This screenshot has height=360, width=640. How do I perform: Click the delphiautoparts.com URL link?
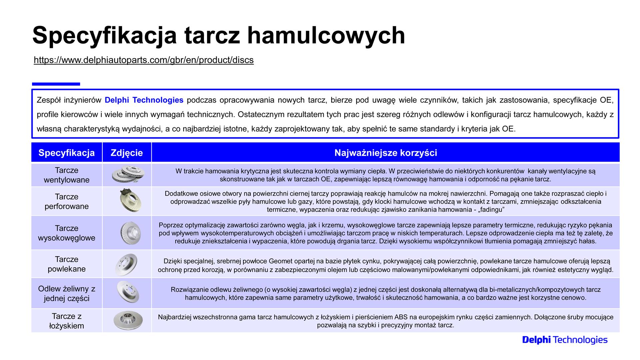(x=144, y=60)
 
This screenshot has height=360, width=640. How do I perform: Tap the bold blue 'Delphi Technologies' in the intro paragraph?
(x=144, y=100)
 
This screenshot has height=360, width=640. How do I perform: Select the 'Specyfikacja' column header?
(x=67, y=153)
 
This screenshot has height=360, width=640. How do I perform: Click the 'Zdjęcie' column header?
(x=127, y=153)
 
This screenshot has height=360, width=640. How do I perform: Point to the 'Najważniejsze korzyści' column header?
(x=386, y=153)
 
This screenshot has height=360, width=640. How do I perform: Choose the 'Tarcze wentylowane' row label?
(x=67, y=175)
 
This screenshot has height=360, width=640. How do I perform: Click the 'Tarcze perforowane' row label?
(x=67, y=201)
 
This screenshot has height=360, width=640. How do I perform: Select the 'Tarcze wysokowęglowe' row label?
(x=67, y=233)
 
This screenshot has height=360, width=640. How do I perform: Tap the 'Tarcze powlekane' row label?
(x=67, y=264)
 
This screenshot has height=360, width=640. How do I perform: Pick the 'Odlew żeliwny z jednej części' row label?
(x=67, y=293)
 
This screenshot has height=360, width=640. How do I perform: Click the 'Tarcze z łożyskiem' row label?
(x=67, y=321)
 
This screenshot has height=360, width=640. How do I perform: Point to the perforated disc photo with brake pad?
(x=130, y=201)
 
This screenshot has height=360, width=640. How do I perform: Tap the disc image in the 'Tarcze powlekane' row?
(x=126, y=264)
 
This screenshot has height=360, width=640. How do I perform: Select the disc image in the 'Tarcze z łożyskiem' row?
(x=128, y=321)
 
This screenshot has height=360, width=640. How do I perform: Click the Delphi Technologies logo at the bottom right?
(x=565, y=340)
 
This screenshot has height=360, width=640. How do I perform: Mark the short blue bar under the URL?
(x=56, y=84)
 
